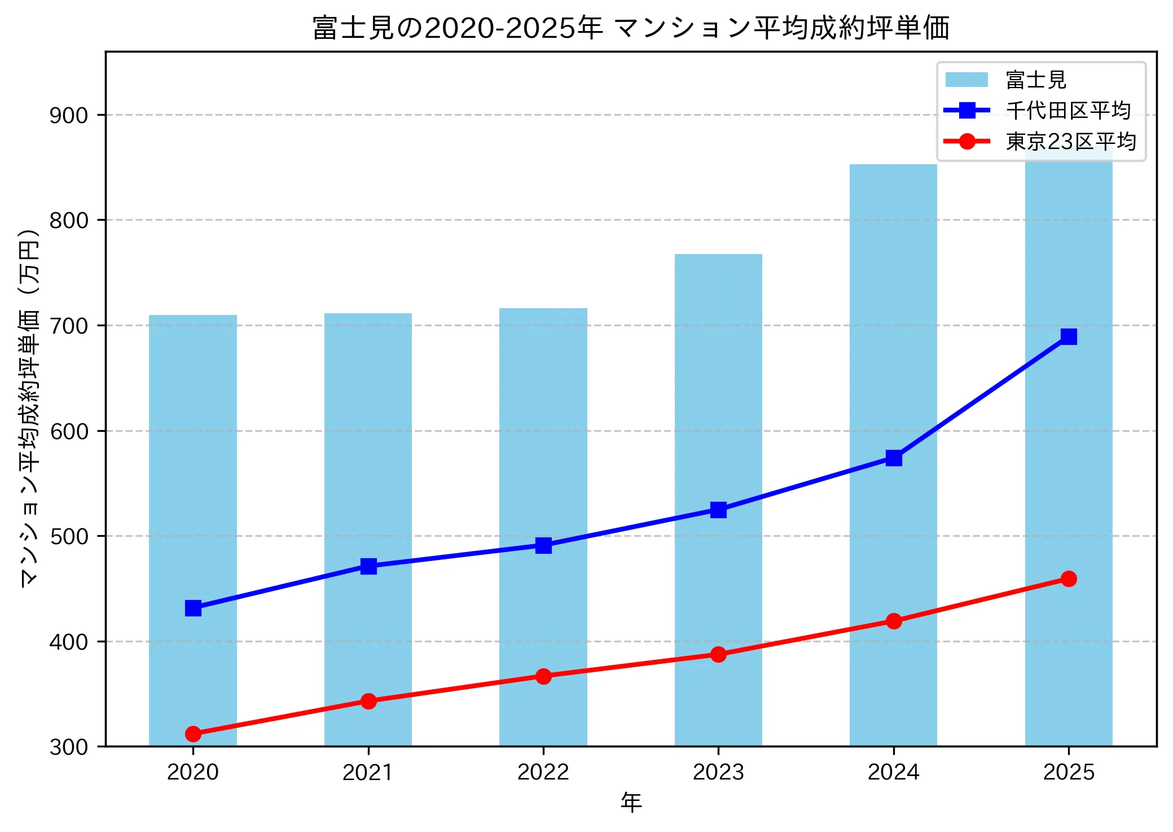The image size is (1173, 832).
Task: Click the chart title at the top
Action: (x=631, y=28)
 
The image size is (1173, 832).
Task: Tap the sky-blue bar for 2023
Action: (x=718, y=395)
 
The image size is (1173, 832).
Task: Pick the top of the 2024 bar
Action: (x=893, y=165)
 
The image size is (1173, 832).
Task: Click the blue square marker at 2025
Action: (x=1069, y=337)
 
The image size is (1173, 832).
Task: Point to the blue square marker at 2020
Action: (x=193, y=608)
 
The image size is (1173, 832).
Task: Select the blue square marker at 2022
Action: (x=543, y=545)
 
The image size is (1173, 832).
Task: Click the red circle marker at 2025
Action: (x=1069, y=579)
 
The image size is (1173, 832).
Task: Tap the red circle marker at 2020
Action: (x=193, y=734)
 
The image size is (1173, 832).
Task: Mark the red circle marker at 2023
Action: (x=718, y=654)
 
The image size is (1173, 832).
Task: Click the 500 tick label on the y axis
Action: (x=69, y=537)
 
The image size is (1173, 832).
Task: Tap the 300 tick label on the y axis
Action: (x=69, y=747)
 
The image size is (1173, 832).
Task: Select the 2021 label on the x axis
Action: (x=368, y=772)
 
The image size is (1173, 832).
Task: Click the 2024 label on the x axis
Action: (x=893, y=772)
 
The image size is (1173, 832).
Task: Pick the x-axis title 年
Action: (x=631, y=802)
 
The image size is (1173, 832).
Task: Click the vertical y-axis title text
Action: (x=29, y=408)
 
